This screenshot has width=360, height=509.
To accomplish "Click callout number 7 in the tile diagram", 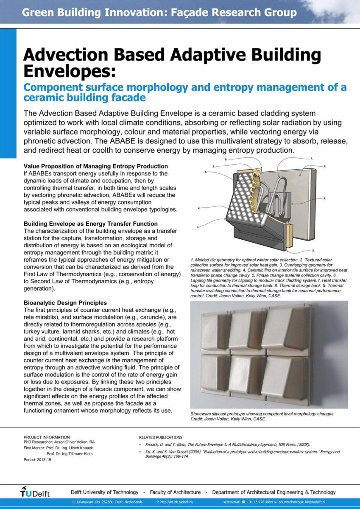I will point(312,159).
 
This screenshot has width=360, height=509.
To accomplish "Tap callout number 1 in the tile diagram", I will point(198,227).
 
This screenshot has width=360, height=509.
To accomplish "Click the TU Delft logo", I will point(35,493).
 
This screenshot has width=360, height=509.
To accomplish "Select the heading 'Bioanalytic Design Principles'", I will point(65,303).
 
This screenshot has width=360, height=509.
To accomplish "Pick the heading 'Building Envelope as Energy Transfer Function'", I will point(91,224).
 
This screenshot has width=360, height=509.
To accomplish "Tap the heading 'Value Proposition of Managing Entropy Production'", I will point(96,166).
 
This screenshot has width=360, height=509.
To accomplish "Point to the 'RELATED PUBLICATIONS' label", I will point(161,437).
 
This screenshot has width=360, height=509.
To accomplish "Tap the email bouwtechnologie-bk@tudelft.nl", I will point(302,502).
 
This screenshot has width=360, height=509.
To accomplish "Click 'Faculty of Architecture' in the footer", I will point(175,492).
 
